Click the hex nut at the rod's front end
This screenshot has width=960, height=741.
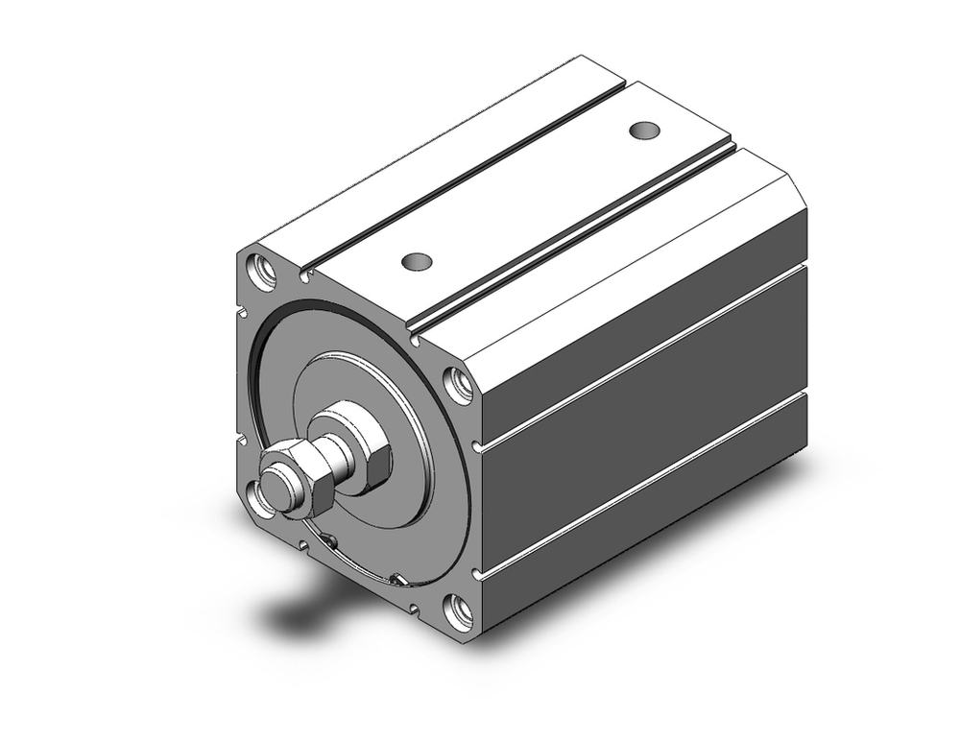coord(305,477)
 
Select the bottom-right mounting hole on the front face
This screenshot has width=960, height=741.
coord(460,612)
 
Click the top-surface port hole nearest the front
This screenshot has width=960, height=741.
coord(417,260)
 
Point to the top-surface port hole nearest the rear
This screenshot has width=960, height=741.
coord(643,129)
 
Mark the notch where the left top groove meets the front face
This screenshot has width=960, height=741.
coord(305,276)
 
